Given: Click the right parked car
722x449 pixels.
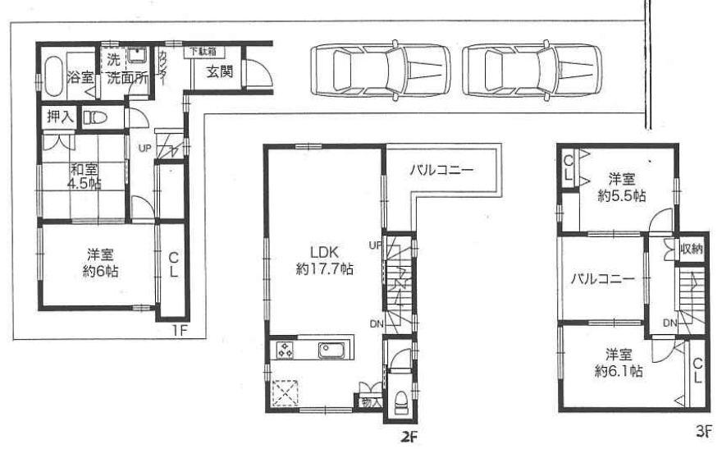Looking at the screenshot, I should coord(532,71).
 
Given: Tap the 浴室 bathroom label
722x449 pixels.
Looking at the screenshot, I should coord(80,79).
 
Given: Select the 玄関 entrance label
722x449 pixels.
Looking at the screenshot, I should coord(219,71).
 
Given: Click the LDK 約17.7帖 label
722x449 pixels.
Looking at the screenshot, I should coord(325,259).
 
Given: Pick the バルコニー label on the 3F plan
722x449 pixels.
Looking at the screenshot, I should coord(602,279).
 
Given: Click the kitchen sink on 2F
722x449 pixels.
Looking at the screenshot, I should coord(334,351).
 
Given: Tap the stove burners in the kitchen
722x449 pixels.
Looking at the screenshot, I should coord(286,351).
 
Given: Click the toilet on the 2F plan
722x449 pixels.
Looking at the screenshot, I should coord(400,401).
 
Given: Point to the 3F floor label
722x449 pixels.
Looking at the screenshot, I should coord(702,428).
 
